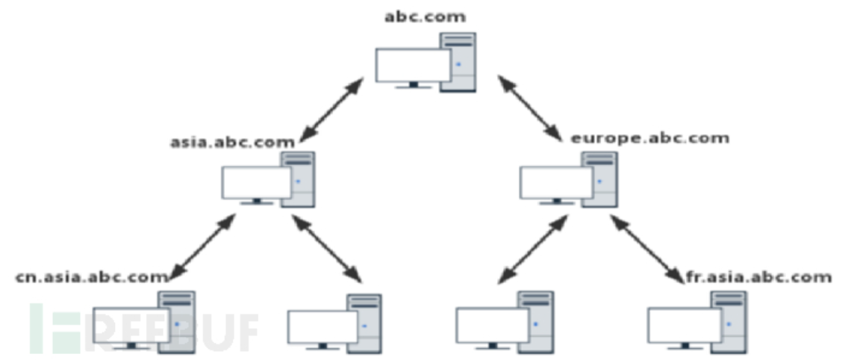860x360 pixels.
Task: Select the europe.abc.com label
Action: tap(649, 138)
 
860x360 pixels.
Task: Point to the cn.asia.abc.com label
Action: tap(91, 277)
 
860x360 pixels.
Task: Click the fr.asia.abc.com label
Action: tap(757, 277)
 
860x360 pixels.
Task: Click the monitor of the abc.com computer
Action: tap(413, 66)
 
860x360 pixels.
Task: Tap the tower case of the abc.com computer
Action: tap(458, 62)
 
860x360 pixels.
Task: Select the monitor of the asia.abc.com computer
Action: tap(256, 182)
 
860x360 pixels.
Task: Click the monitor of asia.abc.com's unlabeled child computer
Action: tap(322, 326)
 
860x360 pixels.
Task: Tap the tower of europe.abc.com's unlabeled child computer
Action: tap(536, 321)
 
